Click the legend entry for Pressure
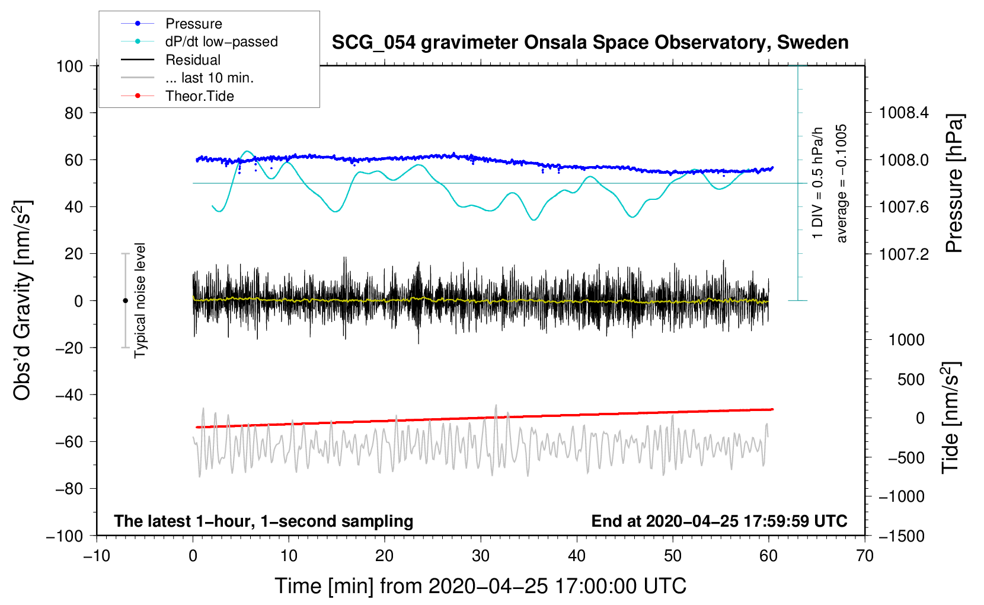[x=171, y=23]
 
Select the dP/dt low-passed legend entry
[x=199, y=42]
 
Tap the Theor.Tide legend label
[x=199, y=96]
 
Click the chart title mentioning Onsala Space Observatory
[x=590, y=43]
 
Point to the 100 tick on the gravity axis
[x=70, y=66]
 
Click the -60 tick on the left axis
[x=69, y=442]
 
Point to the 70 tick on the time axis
[x=864, y=556]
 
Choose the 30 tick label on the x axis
[x=481, y=556]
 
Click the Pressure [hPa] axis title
[x=954, y=183]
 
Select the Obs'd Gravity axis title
[x=22, y=300]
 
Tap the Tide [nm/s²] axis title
[x=951, y=418]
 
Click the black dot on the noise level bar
[x=125, y=301]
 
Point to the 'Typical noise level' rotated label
[x=139, y=301]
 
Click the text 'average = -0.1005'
[x=841, y=183]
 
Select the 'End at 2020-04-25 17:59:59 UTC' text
[x=719, y=521]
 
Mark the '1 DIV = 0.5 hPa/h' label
[x=817, y=183]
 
